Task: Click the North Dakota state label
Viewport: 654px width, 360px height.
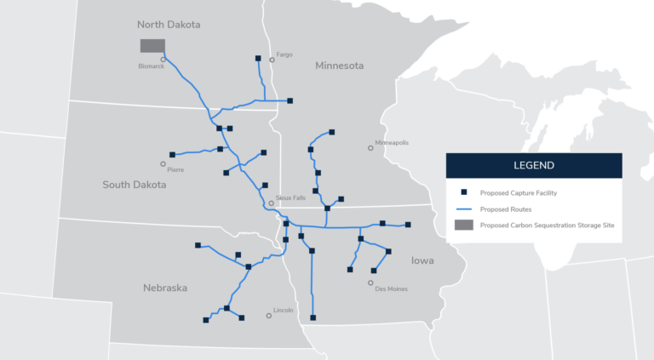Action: tap(169, 25)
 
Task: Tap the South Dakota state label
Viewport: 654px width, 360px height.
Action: tap(135, 185)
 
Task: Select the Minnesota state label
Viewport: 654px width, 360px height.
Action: tap(339, 66)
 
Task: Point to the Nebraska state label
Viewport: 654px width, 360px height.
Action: tap(165, 288)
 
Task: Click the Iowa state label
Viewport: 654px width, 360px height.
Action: tap(422, 260)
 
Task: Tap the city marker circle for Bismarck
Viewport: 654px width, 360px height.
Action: tap(163, 60)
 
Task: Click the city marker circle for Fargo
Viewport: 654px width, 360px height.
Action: tap(272, 60)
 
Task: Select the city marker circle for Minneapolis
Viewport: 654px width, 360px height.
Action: tap(370, 148)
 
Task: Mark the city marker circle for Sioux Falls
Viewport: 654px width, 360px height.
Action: tap(272, 203)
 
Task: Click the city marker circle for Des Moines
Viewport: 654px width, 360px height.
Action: tap(370, 283)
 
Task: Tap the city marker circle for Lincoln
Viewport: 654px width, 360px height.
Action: tap(269, 316)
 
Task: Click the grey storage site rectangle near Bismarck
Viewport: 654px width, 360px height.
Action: tap(152, 45)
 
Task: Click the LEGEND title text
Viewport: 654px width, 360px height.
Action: tap(534, 165)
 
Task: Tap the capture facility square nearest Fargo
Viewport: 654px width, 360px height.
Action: tap(258, 58)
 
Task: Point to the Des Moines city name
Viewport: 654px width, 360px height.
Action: tap(391, 289)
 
